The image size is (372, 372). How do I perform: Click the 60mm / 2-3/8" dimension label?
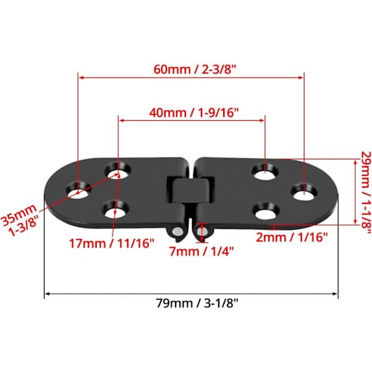[195, 69]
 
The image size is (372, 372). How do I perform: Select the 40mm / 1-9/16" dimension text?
[193, 112]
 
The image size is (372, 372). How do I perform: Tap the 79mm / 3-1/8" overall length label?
[197, 303]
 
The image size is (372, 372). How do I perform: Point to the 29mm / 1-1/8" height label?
[366, 193]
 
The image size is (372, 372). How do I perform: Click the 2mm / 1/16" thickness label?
[292, 237]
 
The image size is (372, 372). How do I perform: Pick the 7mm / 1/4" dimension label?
[201, 251]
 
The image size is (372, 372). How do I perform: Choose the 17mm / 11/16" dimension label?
[112, 243]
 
